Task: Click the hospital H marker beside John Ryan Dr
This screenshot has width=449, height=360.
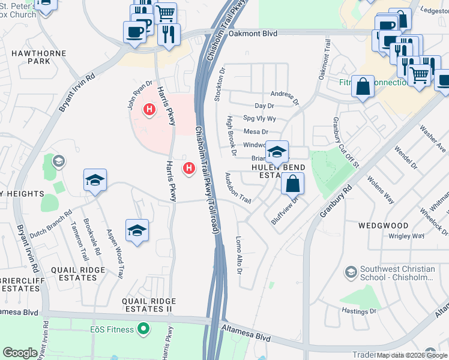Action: tap(149, 110)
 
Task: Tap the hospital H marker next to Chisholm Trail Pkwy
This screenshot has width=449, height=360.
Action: tap(190, 168)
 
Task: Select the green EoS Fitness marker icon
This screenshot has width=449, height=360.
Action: tap(143, 328)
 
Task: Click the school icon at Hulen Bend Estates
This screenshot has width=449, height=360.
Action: tap(277, 152)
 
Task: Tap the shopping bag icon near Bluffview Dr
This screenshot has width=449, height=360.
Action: tap(292, 184)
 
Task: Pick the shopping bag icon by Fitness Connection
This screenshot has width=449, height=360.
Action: tap(363, 86)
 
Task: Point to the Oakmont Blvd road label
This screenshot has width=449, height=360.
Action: tap(253, 34)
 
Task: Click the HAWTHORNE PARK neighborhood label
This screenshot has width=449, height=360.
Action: tap(30, 57)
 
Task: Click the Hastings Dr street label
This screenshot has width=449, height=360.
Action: tap(360, 311)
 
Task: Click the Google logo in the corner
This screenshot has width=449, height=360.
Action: tap(20, 352)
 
